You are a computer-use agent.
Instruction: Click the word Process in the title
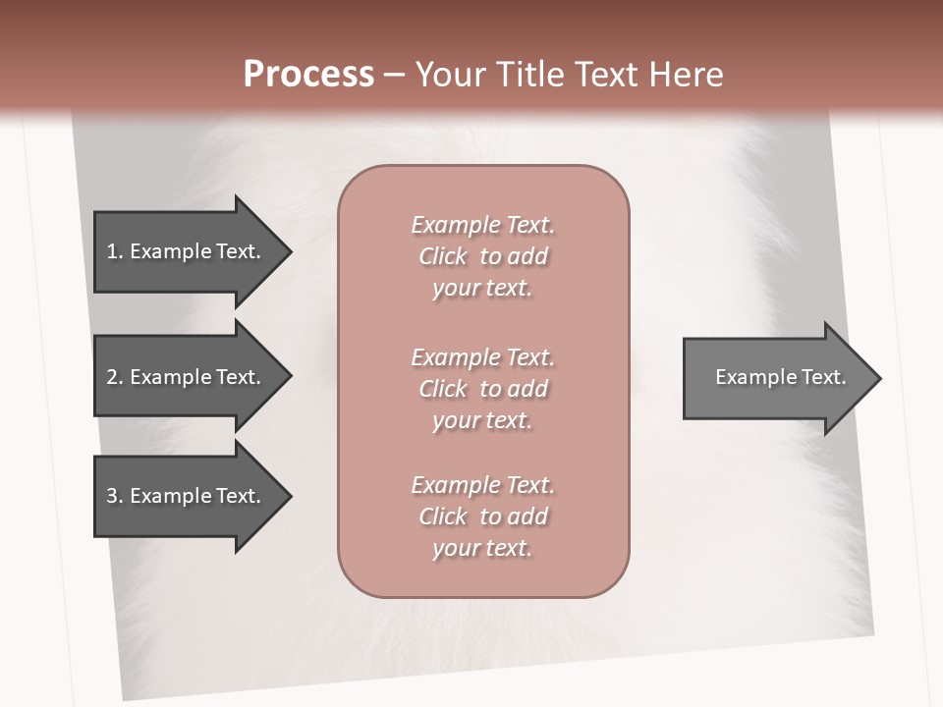308,75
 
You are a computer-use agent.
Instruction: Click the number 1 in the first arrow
112,251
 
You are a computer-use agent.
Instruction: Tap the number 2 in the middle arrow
112,377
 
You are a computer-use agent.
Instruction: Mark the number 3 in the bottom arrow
112,496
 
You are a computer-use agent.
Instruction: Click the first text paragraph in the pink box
482,256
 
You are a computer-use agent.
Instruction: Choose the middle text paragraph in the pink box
482,389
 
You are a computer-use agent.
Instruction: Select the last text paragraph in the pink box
482,517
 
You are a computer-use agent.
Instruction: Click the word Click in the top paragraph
442,256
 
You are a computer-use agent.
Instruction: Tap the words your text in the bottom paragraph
482,548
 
